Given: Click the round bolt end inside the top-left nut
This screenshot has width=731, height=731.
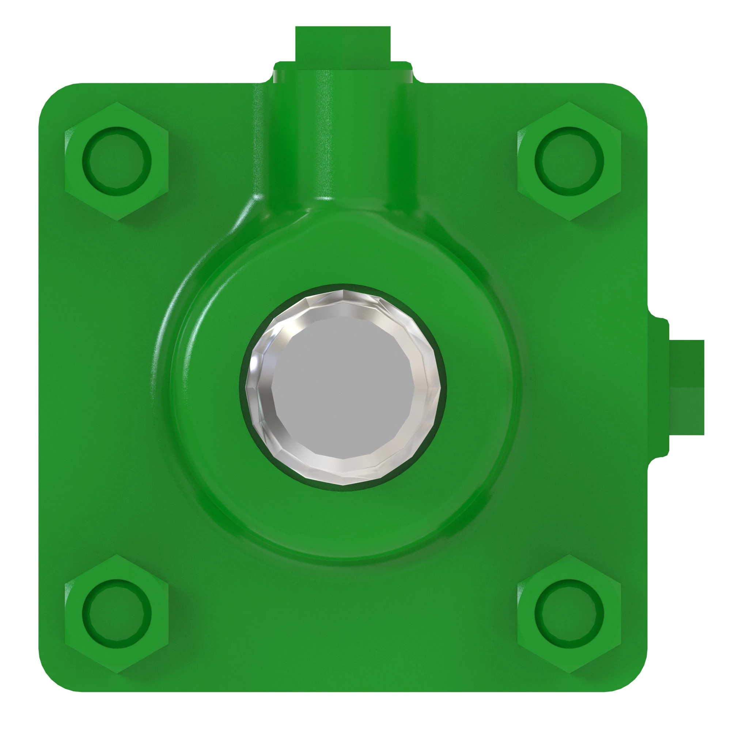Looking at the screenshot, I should pyautogui.click(x=117, y=161).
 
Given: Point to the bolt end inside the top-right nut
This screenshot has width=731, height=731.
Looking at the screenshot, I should pyautogui.click(x=569, y=161).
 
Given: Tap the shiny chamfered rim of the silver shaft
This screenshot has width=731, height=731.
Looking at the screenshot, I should pyautogui.click(x=261, y=424).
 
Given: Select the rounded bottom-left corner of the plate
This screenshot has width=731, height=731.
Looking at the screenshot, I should pyautogui.click(x=53, y=677).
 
